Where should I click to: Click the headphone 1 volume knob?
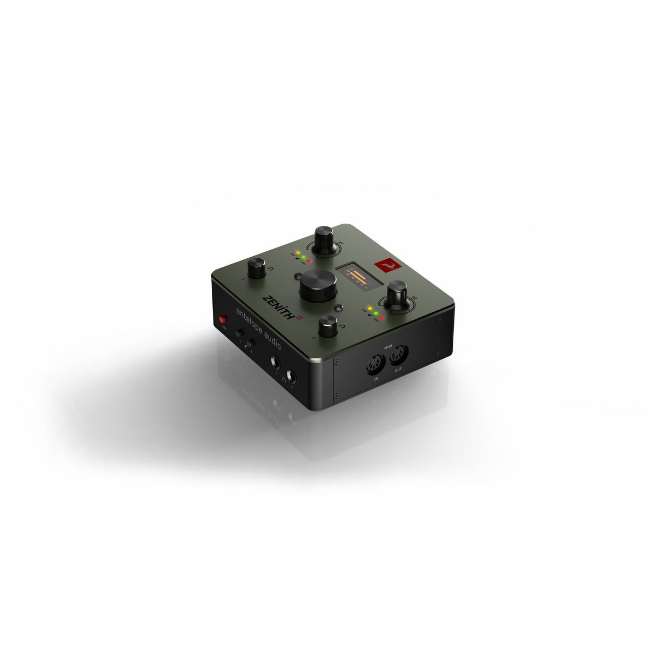coord(256,267)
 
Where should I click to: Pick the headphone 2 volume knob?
coord(327,326)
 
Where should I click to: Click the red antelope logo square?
coord(384,265)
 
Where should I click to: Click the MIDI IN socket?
coord(376,366)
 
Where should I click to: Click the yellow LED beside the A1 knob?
coord(298,253)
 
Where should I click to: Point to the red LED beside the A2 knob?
coord(381,317)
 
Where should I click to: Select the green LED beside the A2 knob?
coord(375,313)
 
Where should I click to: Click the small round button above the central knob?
coord(298,276)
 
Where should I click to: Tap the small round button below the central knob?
coord(339,308)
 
